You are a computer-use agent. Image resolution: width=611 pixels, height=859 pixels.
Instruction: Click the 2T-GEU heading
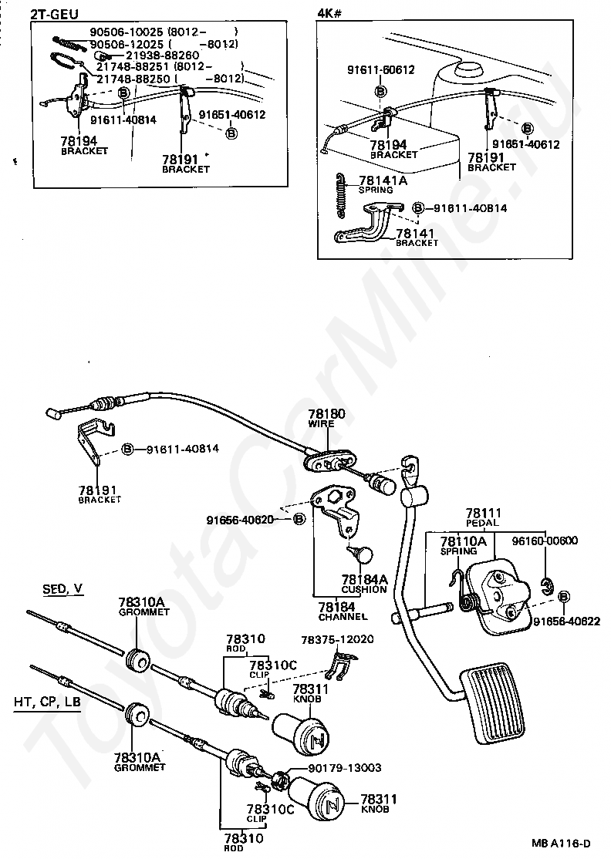(54, 14)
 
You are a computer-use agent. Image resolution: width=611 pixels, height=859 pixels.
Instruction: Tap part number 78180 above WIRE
(326, 414)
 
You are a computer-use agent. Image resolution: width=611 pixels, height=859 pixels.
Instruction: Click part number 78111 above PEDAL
(484, 513)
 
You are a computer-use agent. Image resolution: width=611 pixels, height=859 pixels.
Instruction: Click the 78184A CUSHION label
(364, 584)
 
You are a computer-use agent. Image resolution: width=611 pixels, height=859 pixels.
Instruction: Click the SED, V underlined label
(62, 589)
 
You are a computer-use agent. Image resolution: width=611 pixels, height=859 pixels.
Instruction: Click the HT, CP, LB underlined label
(48, 702)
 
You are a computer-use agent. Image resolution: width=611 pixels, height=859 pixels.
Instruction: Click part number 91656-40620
(241, 519)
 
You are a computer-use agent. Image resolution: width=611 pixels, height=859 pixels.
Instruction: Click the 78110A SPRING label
(464, 546)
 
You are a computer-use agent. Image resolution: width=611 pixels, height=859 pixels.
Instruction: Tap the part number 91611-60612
(380, 70)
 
